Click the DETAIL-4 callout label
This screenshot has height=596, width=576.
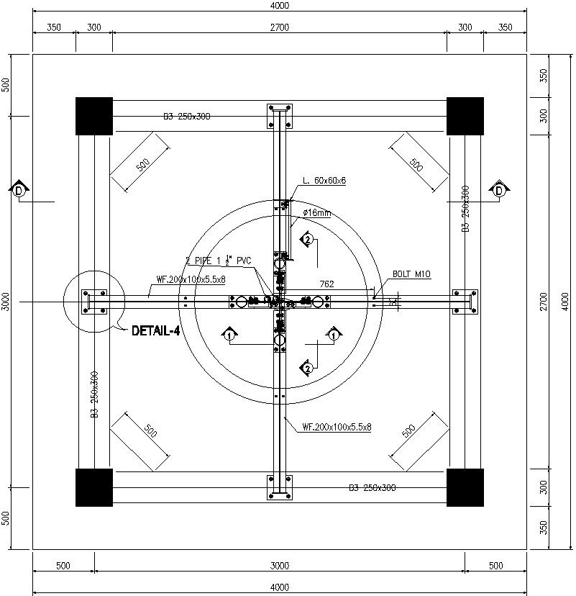pos(155,331)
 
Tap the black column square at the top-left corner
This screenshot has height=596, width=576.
pos(94,115)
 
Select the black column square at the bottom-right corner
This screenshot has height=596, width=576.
pos(464,487)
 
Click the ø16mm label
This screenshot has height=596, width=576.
pos(317,212)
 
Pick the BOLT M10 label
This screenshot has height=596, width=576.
pos(411,274)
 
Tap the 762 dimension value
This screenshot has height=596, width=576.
pos(326,284)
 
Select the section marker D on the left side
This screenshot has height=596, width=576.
pos(19,190)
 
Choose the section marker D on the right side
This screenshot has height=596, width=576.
pos(499,190)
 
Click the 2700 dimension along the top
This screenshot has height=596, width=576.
pos(279,27)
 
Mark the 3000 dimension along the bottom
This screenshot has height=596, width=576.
pos(279,566)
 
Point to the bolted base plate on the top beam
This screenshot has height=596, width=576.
pos(280,116)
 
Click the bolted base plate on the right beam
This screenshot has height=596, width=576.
pos(465,302)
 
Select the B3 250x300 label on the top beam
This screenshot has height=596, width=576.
pos(186,116)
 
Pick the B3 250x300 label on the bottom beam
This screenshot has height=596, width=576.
pos(372,489)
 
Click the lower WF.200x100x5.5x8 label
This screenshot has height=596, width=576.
pos(337,428)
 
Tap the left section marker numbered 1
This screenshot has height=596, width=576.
pos(229,335)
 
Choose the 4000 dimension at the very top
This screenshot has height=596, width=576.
pos(279,6)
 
